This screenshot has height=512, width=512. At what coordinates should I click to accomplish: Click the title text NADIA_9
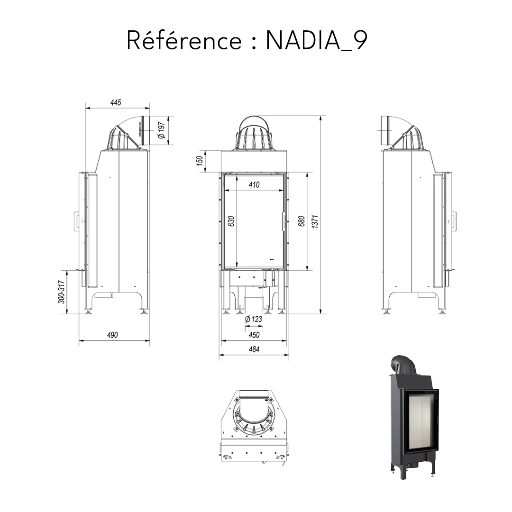coord(316,41)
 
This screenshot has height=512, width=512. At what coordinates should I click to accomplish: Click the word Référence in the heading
coord(184,41)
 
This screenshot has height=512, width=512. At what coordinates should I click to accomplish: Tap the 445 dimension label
coord(116,102)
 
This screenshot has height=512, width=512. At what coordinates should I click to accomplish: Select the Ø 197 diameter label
coord(161,130)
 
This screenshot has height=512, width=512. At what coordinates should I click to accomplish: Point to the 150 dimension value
coord(200,161)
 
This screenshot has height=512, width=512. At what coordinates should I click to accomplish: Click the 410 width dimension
coord(254,185)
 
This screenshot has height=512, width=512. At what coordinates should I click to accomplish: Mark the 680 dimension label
coord(302,221)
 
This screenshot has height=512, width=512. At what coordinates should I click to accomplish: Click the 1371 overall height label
coord(315,221)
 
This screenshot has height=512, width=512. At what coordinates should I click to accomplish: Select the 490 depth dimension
coord(112,335)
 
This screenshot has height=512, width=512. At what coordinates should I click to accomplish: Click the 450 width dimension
coord(254,335)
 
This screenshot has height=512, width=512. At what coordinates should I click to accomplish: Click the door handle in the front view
coord(284,221)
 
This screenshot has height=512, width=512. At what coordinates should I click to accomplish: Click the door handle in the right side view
coord(454,221)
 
